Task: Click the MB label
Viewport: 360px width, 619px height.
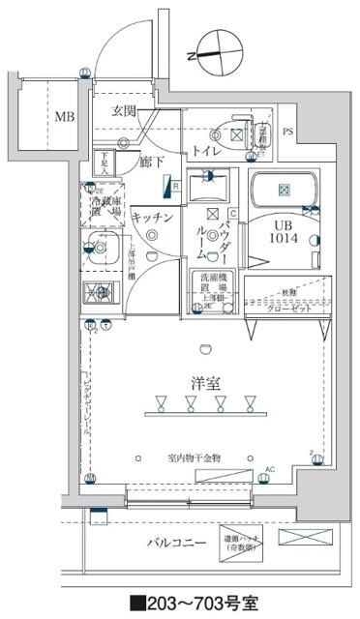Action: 64,117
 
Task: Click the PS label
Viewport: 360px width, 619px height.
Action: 288,132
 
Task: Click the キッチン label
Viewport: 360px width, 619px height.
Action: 153,217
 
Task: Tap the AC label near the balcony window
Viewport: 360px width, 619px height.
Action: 270,471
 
